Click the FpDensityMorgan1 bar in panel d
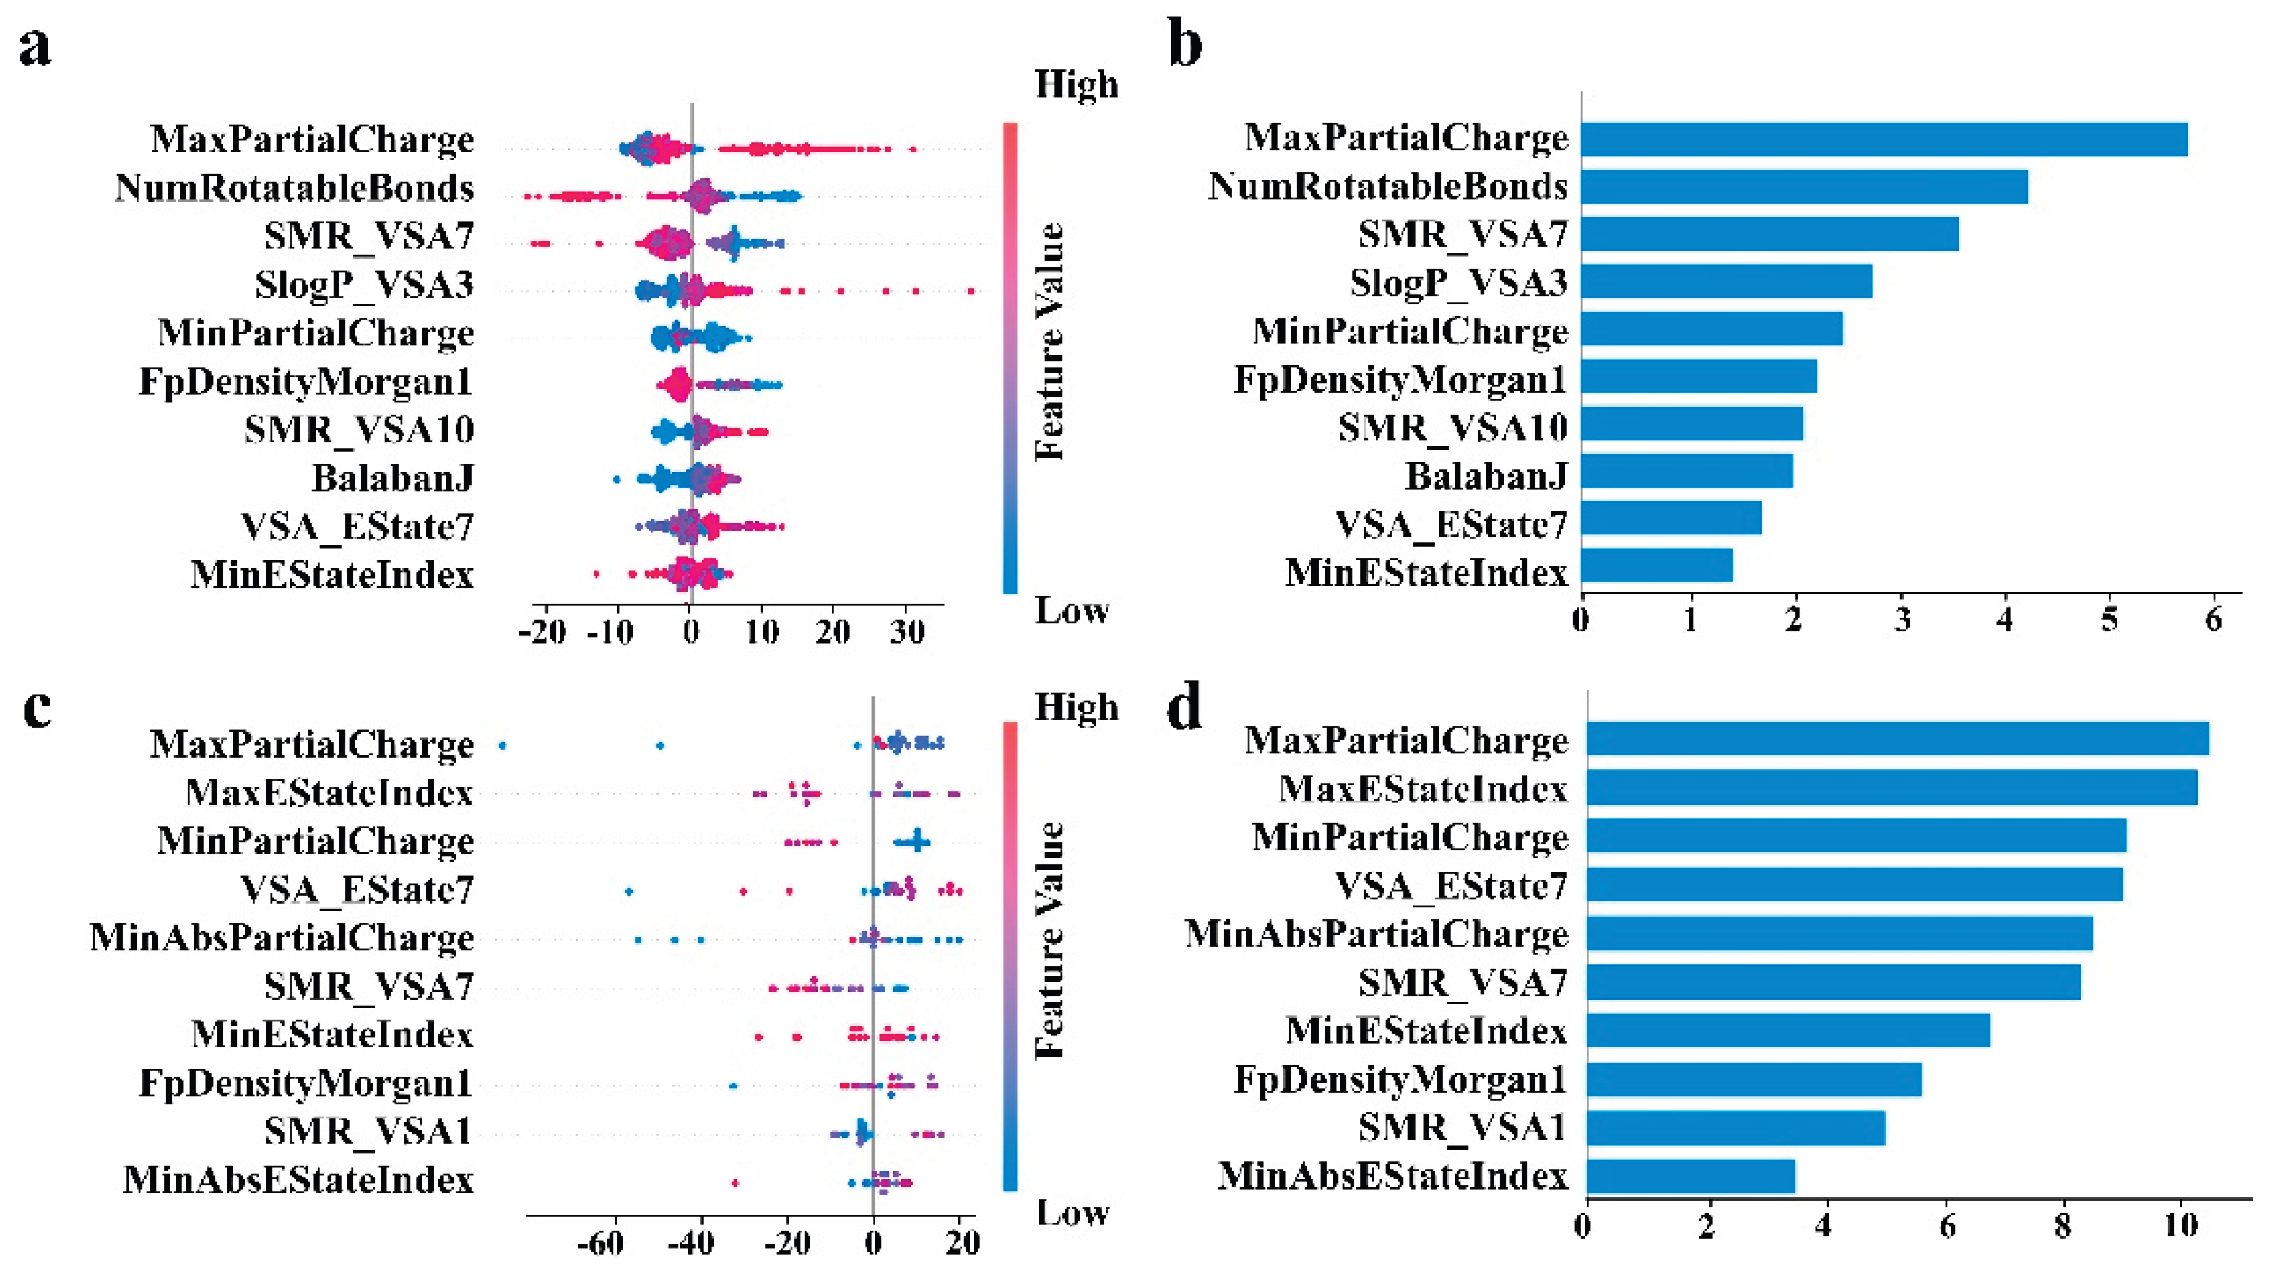[x=1753, y=1079]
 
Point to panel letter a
[x=35, y=46]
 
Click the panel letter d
[x=1184, y=708]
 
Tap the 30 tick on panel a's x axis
[x=906, y=631]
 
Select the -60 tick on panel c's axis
[x=601, y=1243]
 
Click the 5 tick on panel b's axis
[x=2108, y=620]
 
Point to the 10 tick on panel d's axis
[x=2181, y=1226]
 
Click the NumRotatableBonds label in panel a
[x=294, y=188]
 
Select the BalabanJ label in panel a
[x=392, y=477]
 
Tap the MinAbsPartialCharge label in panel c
[x=282, y=937]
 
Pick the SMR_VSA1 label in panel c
[x=368, y=1130]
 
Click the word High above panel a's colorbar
[x=1075, y=85]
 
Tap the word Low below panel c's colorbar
[x=1071, y=1213]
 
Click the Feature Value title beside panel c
[x=1050, y=940]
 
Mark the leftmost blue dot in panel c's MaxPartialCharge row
[x=503, y=746]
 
